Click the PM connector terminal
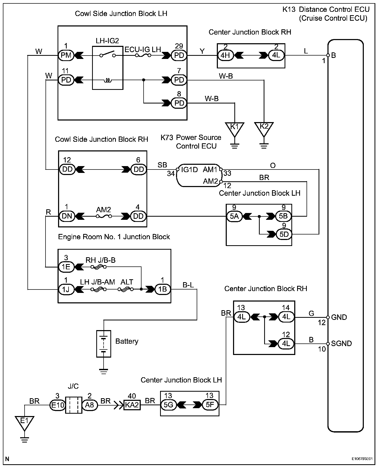coord(66,55)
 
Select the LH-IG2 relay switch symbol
coord(108,54)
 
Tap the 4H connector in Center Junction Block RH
coord(226,56)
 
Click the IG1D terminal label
coord(189,170)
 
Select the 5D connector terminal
coord(284,234)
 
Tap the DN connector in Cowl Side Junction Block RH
coord(67,216)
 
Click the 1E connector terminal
coord(66,267)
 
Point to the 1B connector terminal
coord(163,289)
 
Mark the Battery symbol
coord(104,343)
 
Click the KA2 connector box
coord(132,405)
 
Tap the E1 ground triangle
coord(24,422)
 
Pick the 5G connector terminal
coord(168,405)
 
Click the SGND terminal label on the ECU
coord(341,343)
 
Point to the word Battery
coord(127,341)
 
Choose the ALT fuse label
coord(127,282)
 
